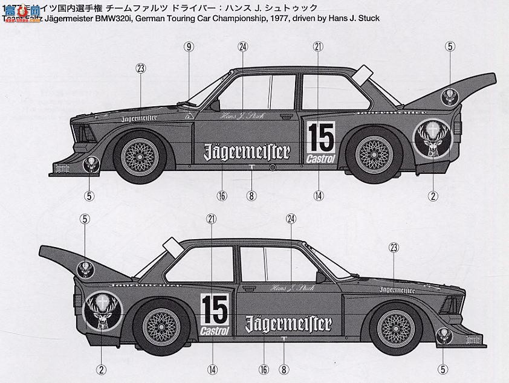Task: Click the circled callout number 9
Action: point(189,47)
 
